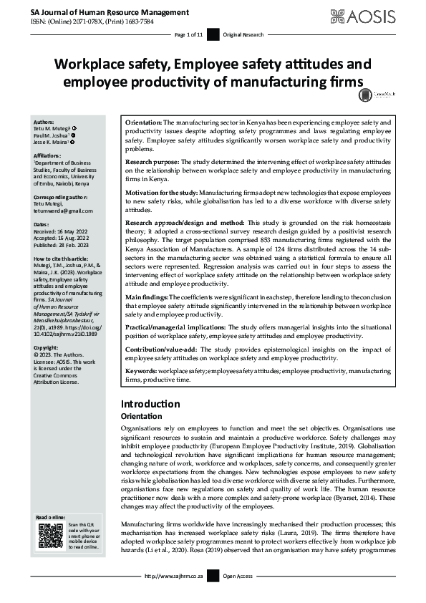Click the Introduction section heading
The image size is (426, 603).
click(x=150, y=403)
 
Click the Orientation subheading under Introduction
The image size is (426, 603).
click(x=142, y=416)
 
